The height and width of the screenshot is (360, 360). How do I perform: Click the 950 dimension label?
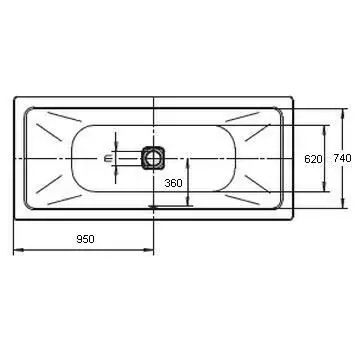coord(85,239)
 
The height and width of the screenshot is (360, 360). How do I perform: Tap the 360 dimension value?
coord(173,183)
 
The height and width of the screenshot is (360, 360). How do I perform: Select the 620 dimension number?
coord(313,159)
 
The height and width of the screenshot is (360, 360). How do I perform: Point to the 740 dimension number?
coord(342,158)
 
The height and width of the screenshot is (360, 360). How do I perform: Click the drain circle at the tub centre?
coord(153,158)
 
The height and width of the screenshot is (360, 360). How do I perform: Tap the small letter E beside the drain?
coord(107,159)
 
